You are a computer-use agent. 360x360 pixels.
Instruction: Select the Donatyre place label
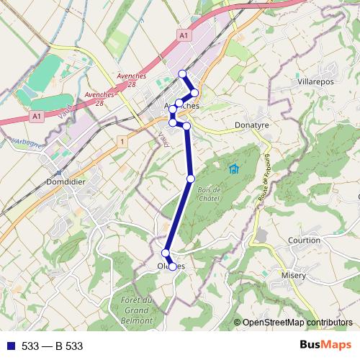pyautogui.click(x=251, y=125)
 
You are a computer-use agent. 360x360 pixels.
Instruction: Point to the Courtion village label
pyautogui.click(x=304, y=240)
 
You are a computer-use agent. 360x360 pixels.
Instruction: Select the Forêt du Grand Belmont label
pyautogui.click(x=136, y=309)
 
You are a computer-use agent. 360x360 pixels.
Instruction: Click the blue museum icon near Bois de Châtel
pyautogui.click(x=233, y=169)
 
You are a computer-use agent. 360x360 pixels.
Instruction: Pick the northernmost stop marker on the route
pyautogui.click(x=182, y=73)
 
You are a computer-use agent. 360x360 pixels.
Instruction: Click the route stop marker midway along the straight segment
pyautogui.click(x=191, y=179)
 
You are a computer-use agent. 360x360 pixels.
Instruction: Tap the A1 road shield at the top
pyautogui.click(x=184, y=35)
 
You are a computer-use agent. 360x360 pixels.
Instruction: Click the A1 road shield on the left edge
pyautogui.click(x=37, y=115)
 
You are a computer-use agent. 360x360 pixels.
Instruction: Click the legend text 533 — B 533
pyautogui.click(x=52, y=346)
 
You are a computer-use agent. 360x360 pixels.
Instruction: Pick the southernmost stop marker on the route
pyautogui.click(x=172, y=266)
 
